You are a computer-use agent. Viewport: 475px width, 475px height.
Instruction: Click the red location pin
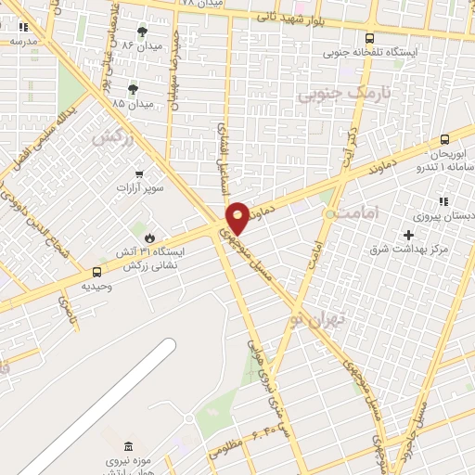coord(238,217)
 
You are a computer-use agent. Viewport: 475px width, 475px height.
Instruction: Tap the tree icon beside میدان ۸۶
coord(142,32)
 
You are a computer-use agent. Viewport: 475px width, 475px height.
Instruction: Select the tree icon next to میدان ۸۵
coord(134,90)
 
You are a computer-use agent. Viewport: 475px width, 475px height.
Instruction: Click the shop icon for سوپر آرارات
coord(139,173)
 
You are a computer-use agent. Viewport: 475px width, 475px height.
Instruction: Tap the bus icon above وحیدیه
coord(96,272)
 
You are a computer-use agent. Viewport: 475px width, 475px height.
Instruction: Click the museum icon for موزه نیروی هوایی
coord(127,446)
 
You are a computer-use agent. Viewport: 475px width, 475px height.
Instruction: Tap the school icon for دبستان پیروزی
coord(443,200)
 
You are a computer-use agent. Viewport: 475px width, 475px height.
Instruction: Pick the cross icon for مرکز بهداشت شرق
coord(408,235)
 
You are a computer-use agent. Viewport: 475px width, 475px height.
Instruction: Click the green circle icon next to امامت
coord(329,214)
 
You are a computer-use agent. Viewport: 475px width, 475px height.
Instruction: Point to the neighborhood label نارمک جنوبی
coord(340,94)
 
